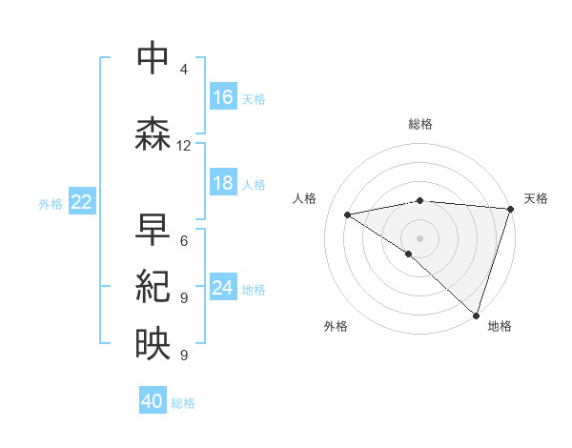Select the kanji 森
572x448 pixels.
tap(153, 133)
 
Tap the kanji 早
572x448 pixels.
tap(153, 229)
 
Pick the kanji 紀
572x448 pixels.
tap(153, 286)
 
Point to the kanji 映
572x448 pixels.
tap(153, 343)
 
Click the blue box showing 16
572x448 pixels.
tap(222, 97)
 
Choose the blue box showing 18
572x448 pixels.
tap(222, 183)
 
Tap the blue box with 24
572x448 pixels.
tap(222, 288)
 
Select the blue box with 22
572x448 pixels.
tap(81, 202)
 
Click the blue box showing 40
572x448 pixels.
tap(153, 401)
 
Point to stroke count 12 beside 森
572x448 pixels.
tap(184, 146)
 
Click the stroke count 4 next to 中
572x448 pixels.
tap(183, 70)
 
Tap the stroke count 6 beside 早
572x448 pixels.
tap(183, 241)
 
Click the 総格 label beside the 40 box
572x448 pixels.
tap(184, 403)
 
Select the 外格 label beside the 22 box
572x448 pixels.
tap(51, 203)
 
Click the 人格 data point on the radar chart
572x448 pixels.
tap(348, 214)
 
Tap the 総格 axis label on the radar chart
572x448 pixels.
tap(419, 124)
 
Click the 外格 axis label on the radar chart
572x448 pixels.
tap(336, 326)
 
